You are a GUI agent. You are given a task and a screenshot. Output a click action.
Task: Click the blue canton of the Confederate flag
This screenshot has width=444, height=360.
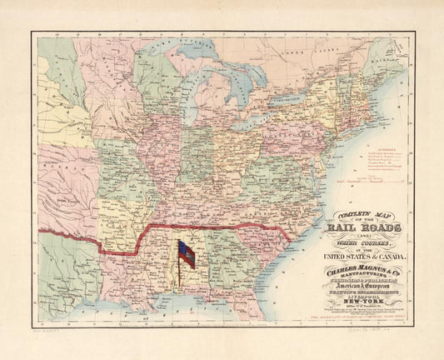pos(182,247)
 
